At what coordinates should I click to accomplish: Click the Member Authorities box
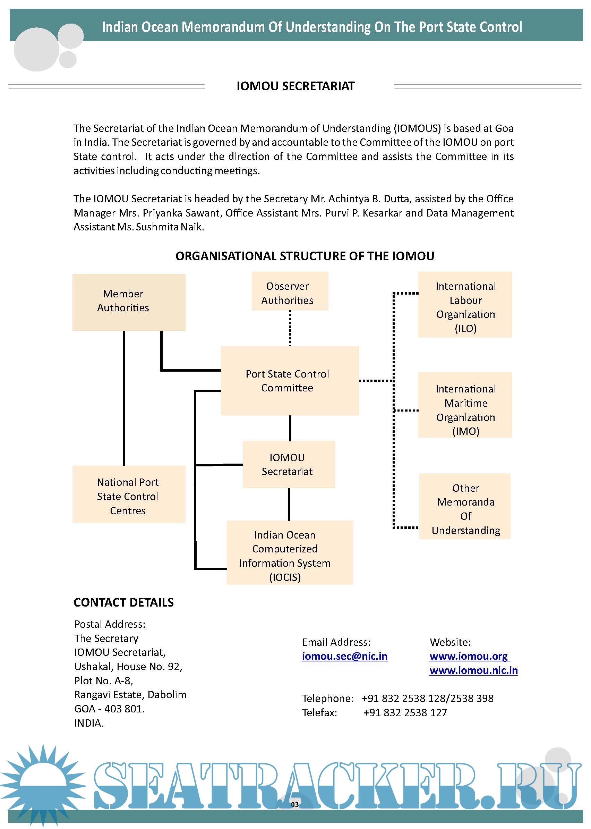(129, 302)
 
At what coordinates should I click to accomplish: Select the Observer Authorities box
(290, 293)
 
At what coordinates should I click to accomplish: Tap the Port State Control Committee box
(290, 380)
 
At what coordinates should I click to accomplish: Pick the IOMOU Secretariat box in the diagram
(289, 464)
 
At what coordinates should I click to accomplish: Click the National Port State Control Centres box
(129, 496)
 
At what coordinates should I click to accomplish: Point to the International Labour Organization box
(465, 307)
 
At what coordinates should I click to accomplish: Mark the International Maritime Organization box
(465, 409)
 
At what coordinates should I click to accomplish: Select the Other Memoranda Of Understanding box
(465, 509)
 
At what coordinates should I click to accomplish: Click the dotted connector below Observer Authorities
(290, 328)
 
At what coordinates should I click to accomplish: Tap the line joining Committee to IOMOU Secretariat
(290, 428)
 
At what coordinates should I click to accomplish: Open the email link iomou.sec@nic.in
(344, 656)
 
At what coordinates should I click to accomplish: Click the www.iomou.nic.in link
(473, 670)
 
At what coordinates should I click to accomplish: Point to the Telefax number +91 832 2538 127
(405, 712)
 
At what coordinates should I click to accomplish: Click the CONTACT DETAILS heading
(124, 602)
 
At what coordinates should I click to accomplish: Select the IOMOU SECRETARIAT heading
(295, 86)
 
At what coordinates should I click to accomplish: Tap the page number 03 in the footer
(295, 805)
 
